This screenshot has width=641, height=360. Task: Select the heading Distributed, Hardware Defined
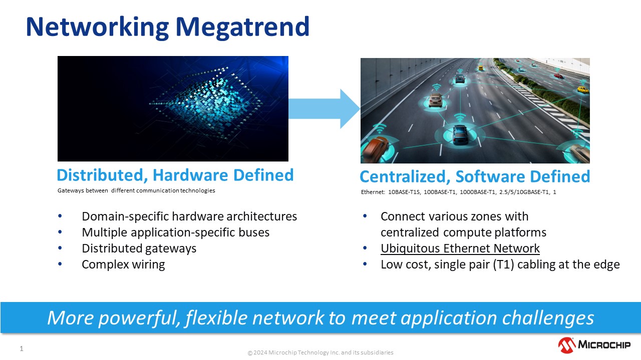[x=175, y=175]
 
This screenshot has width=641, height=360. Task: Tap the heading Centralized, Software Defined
[x=475, y=176]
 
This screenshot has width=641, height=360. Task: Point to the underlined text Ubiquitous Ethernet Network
[x=460, y=248]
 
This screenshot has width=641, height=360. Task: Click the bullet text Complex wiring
[x=123, y=264]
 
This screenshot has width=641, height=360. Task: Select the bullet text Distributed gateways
[x=139, y=248]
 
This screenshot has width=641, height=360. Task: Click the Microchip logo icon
[x=566, y=345]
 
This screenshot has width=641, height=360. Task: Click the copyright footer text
[x=320, y=352]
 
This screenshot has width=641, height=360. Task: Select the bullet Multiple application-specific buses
[x=175, y=232]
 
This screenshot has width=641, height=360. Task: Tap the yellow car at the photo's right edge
[x=582, y=90]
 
